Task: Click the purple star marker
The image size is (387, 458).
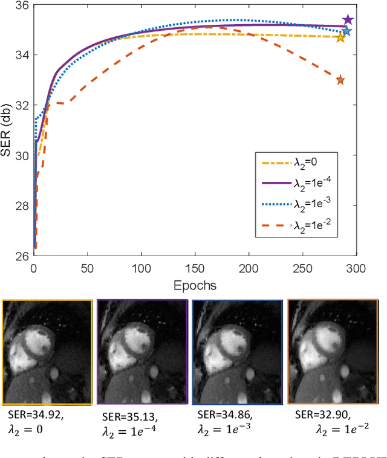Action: point(348,20)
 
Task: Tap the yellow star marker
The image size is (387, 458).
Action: point(340,38)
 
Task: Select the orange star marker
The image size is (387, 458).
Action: point(340,80)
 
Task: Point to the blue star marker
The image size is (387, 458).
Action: point(346,31)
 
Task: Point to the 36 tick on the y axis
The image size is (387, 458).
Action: point(22,5)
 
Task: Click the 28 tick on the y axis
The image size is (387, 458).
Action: point(22,206)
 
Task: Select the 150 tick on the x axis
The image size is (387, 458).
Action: point(194,268)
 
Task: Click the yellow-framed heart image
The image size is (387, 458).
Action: point(48,352)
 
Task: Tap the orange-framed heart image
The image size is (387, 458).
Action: point(332,352)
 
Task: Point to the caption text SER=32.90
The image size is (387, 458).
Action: point(321,416)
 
